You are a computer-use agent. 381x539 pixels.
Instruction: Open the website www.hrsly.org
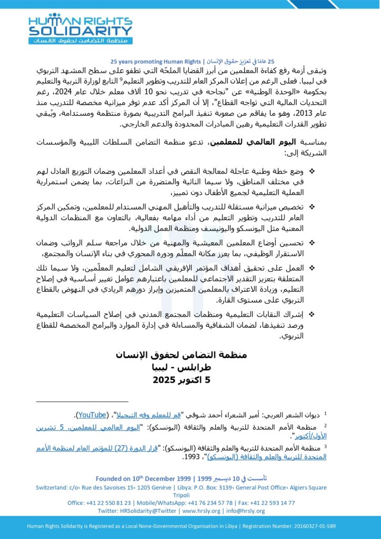click(204, 511)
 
